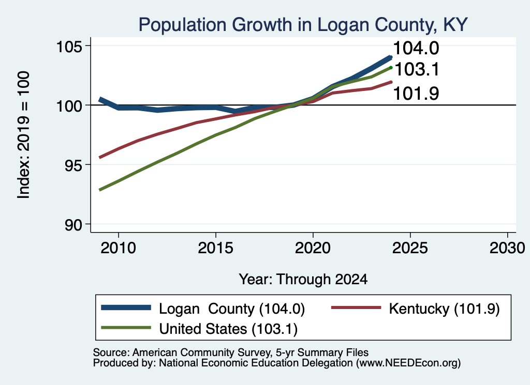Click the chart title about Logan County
coord(303,25)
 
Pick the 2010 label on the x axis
coord(119,249)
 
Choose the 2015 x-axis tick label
coord(216,249)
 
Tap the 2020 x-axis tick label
coord(313,249)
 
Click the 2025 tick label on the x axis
coord(410,249)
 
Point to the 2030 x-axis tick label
coord(507,249)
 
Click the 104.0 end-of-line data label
coord(416,48)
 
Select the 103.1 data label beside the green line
coord(417,70)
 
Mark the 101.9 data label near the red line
coord(416,94)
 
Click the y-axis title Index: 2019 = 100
coord(24,135)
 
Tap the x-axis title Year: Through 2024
coord(303,280)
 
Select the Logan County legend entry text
coord(232,309)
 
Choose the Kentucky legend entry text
coord(444,309)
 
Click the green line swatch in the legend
coord(126,328)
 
